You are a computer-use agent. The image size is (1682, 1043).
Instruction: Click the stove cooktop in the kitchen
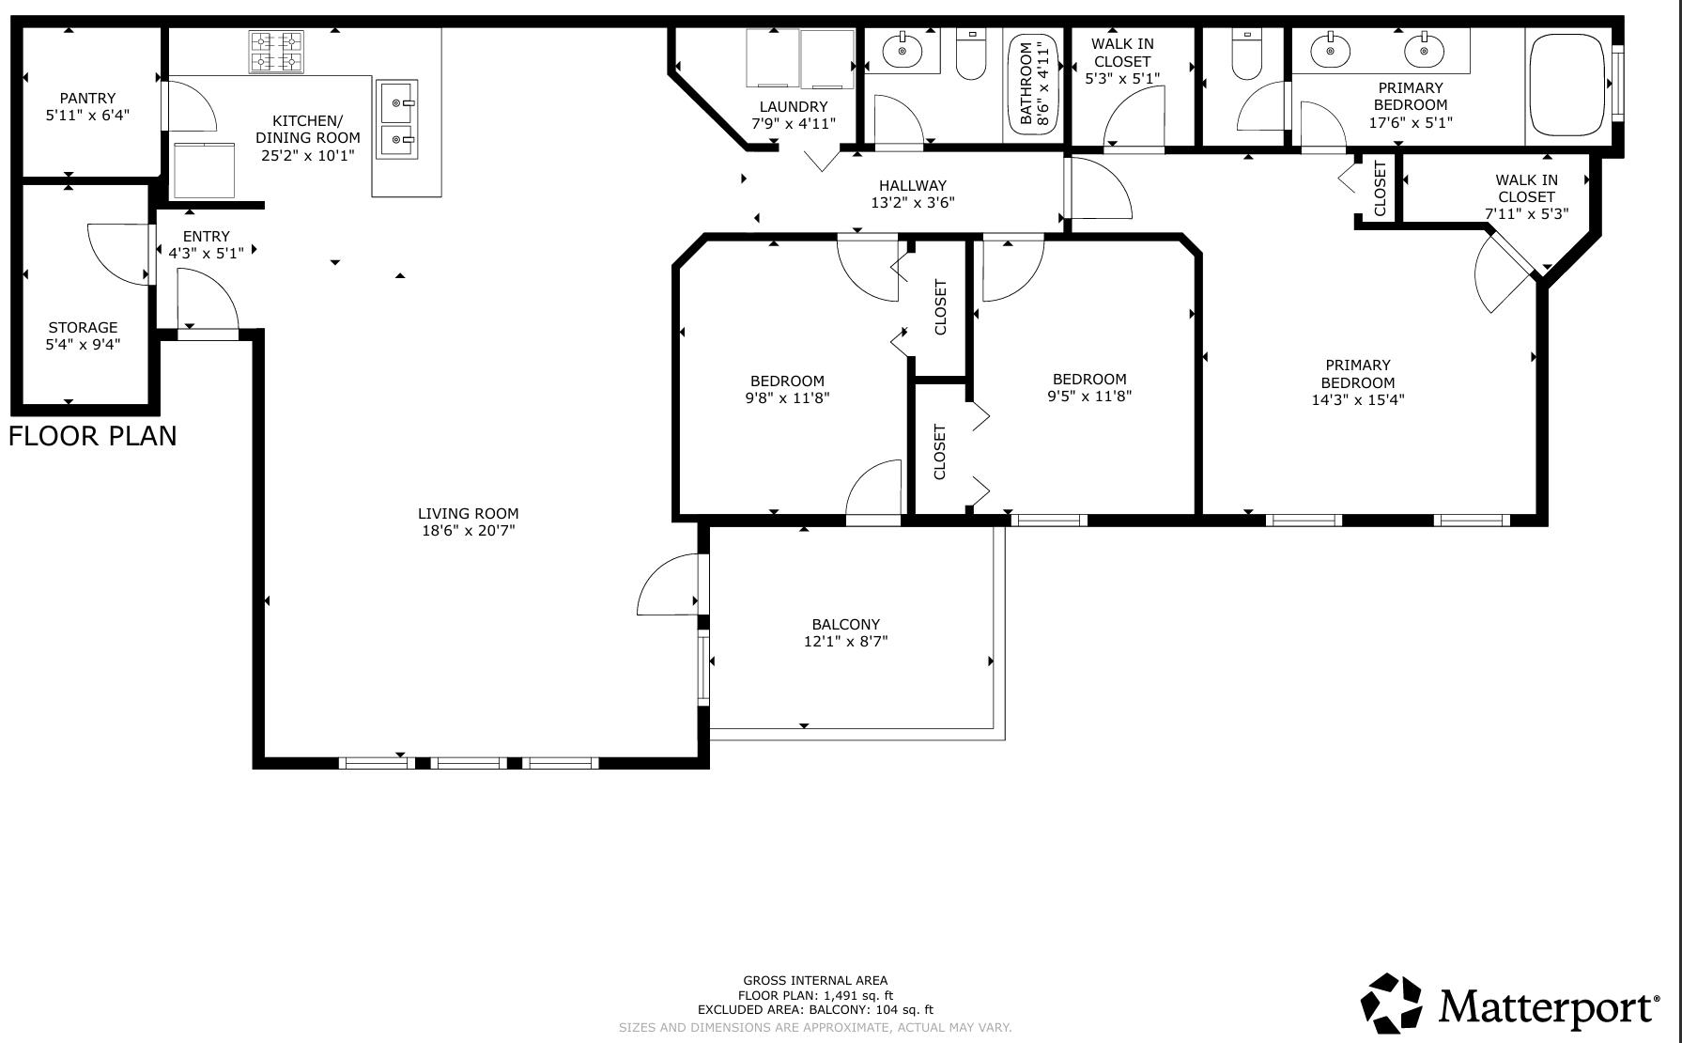coord(276,53)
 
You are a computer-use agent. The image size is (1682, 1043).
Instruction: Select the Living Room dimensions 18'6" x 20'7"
coord(469,531)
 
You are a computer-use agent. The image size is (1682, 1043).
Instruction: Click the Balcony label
coord(845,624)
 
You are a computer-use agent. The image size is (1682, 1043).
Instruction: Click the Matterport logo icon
coord(1392,1003)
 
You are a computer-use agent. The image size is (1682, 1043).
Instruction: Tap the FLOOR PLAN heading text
coord(93,436)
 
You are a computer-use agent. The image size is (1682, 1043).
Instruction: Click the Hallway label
coord(912,185)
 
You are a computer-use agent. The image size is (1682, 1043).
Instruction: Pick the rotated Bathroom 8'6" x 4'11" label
coord(1034,84)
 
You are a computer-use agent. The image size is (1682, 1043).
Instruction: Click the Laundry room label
coord(793,107)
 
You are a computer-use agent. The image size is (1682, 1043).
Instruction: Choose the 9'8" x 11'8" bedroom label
coord(787,389)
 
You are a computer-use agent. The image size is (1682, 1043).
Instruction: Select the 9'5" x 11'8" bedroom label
coord(1089,387)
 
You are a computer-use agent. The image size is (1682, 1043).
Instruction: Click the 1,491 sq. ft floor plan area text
coord(815,995)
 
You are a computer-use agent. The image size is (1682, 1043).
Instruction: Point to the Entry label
coord(206,236)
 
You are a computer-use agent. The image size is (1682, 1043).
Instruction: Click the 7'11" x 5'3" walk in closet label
coord(1526,196)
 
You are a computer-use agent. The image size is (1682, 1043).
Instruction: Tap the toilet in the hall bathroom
coord(970,56)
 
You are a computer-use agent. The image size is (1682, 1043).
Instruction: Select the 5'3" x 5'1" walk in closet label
coord(1122,61)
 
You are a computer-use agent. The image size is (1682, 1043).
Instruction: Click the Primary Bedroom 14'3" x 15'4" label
coord(1358,381)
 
